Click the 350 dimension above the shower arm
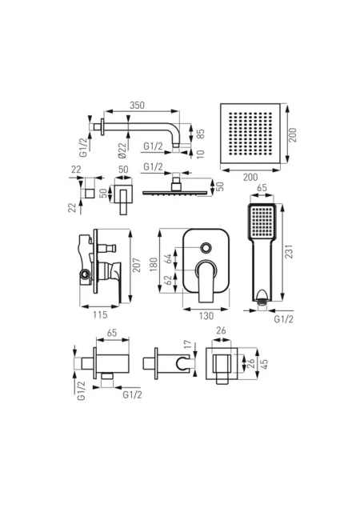click(x=137, y=106)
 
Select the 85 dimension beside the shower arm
click(x=201, y=134)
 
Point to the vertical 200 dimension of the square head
click(x=293, y=134)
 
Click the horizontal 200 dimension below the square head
click(x=250, y=178)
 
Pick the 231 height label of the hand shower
click(x=289, y=251)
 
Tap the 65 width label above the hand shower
click(x=262, y=188)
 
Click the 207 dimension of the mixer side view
click(x=137, y=265)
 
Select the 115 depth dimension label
click(x=100, y=314)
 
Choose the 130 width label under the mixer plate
click(x=206, y=316)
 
